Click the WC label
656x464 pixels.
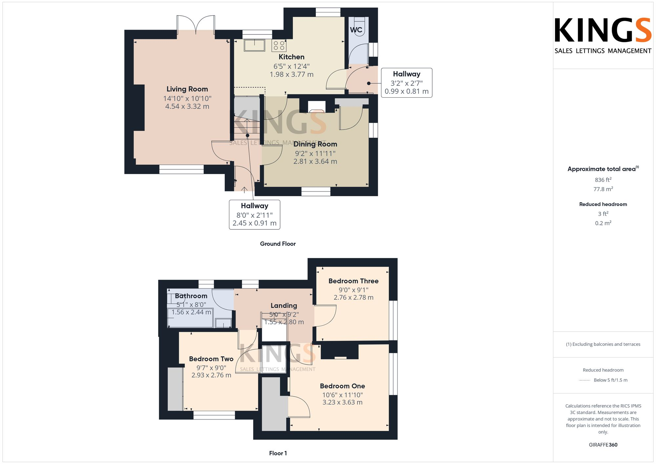[x=356, y=30]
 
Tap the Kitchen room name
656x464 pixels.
[x=291, y=57]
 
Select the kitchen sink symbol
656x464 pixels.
[x=254, y=45]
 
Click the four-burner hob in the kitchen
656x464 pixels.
[x=279, y=46]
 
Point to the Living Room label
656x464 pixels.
[x=187, y=89]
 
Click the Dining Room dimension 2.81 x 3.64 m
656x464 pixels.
[x=315, y=161]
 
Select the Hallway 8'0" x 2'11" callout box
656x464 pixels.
[x=255, y=215]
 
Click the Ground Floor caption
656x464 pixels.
[x=277, y=244]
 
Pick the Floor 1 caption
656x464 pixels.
[x=277, y=453]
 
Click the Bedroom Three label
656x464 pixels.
[x=353, y=281]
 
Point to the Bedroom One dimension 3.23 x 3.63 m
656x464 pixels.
[x=342, y=402]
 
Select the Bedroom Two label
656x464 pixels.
[x=211, y=359]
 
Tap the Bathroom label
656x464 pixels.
[x=191, y=296]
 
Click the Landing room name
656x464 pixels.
[x=284, y=306]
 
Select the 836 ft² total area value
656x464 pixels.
[x=603, y=180]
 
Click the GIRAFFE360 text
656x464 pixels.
[x=603, y=445]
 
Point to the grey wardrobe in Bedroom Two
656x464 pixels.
[x=175, y=389]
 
